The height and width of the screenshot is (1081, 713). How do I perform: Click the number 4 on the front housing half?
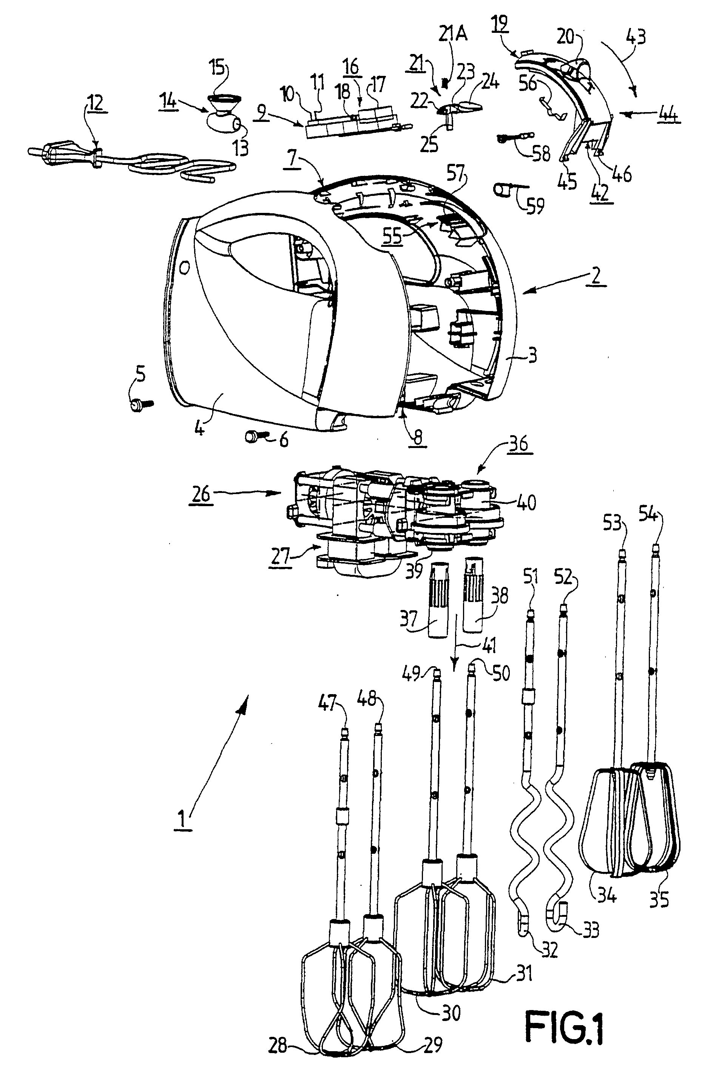point(199,427)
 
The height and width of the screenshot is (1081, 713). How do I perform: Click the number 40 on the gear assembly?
point(526,502)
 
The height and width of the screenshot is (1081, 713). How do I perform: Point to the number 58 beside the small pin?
point(541,154)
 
